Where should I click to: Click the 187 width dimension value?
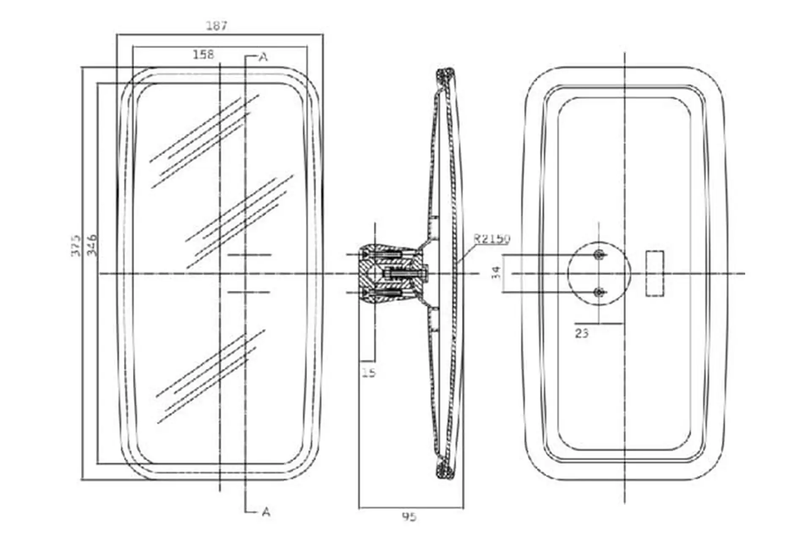point(217,26)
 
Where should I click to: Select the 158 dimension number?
point(203,55)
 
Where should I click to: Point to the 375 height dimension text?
point(75,245)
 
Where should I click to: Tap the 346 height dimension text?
point(92,245)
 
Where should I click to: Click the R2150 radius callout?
point(492,239)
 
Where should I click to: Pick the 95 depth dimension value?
point(409,517)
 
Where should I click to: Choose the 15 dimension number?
point(369,372)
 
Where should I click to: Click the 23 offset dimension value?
point(582,333)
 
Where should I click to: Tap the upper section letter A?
point(263,57)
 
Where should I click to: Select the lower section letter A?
point(266,512)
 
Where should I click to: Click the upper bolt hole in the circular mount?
point(599,254)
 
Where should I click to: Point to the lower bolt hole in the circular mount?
point(599,292)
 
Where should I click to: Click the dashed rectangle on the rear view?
point(655,273)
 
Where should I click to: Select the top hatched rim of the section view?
point(446,79)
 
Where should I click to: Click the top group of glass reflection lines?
point(204,141)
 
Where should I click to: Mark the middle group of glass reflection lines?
point(239,221)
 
